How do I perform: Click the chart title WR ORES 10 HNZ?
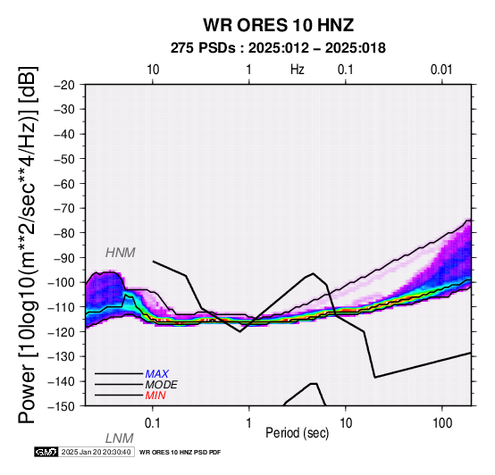pyautogui.click(x=278, y=25)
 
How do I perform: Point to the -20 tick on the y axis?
pyautogui.click(x=65, y=85)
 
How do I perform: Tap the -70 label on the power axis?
pyautogui.click(x=65, y=209)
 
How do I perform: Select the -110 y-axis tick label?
pyautogui.click(x=62, y=307)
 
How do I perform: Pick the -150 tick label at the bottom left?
pyautogui.click(x=62, y=406)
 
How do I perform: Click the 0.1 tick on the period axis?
pyautogui.click(x=152, y=423)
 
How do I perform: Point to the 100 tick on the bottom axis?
pyautogui.click(x=442, y=423)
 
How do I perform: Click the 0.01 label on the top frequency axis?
pyautogui.click(x=441, y=70)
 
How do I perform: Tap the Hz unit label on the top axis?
pyautogui.click(x=298, y=70)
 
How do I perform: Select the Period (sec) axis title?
pyautogui.click(x=297, y=433)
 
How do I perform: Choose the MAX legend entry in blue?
pyautogui.click(x=157, y=374)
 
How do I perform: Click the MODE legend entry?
pyautogui.click(x=162, y=385)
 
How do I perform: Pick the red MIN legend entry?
pyautogui.click(x=155, y=396)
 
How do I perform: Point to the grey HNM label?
pyautogui.click(x=121, y=253)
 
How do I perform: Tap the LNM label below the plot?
pyautogui.click(x=120, y=438)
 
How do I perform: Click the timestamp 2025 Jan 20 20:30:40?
pyautogui.click(x=96, y=452)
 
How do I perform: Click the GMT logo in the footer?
pyautogui.click(x=46, y=452)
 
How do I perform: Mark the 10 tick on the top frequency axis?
pyautogui.click(x=153, y=70)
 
